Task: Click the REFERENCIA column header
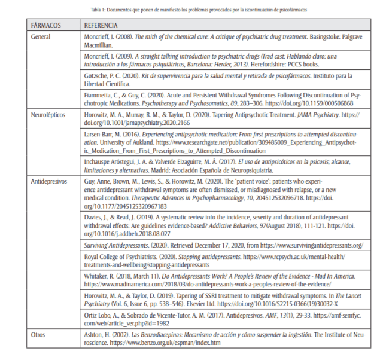[101, 26]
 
